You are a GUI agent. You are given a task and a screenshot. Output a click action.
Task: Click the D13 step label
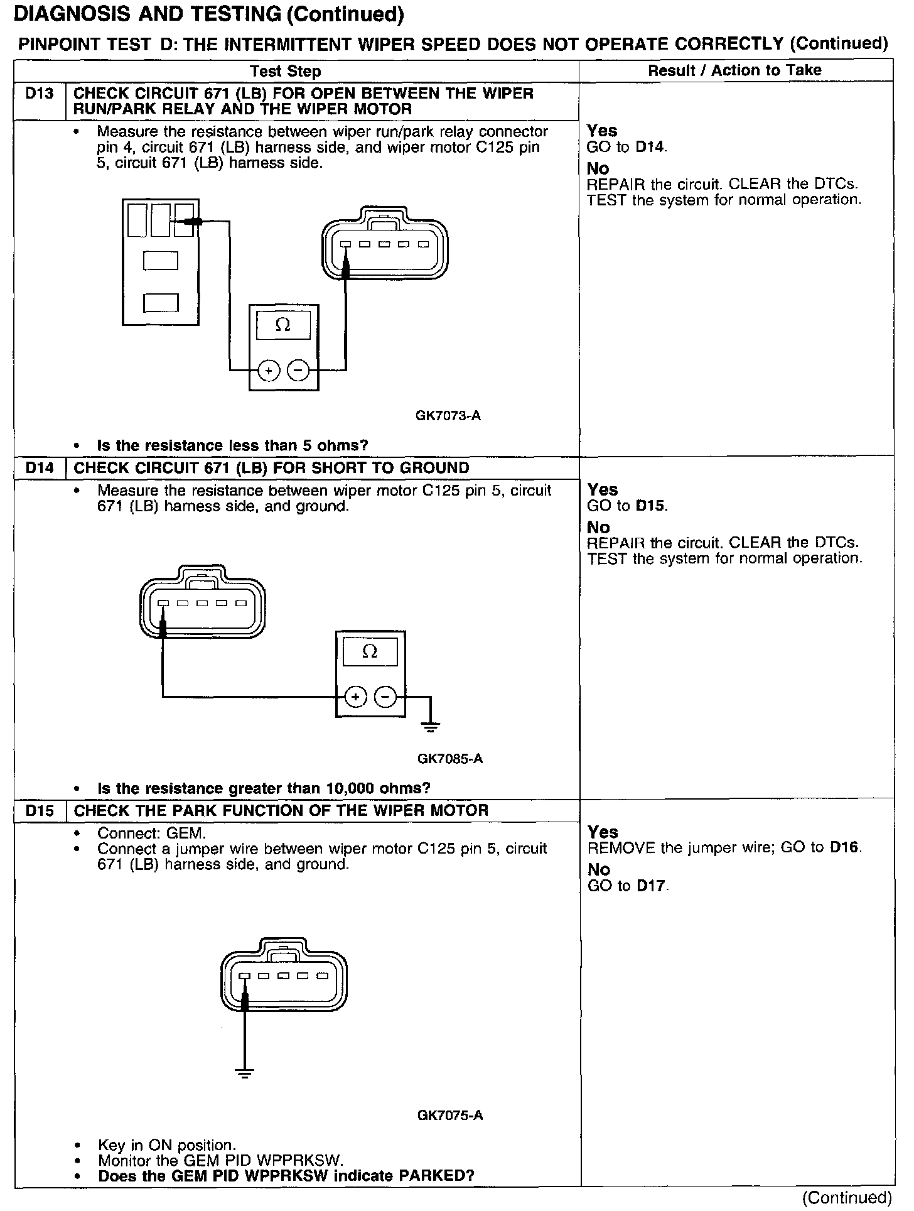40,94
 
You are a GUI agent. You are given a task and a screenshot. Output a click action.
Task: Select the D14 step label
40,468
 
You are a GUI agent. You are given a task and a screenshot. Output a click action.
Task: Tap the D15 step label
40,811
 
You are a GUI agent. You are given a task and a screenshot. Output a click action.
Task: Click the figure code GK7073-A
448,416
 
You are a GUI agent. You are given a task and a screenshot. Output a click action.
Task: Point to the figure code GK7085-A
449,759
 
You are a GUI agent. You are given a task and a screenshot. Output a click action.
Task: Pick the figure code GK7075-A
449,1116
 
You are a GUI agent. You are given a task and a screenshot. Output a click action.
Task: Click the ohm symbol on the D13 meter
283,325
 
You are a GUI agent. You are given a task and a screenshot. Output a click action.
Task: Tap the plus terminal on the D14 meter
355,697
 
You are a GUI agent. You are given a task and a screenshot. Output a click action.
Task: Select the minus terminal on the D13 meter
298,371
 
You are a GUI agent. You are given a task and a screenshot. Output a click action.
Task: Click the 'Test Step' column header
286,71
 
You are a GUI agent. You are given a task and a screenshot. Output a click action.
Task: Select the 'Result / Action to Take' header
734,70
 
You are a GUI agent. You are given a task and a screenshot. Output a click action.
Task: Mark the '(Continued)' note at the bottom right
847,1198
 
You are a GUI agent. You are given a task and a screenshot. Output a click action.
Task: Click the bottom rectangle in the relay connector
161,303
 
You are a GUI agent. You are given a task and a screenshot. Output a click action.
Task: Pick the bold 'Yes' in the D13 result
602,131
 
